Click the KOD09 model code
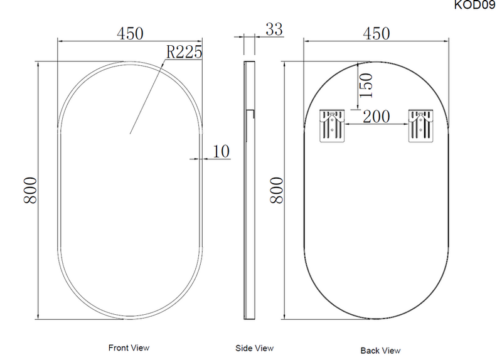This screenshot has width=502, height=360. (475, 5)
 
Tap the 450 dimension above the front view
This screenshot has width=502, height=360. (130, 33)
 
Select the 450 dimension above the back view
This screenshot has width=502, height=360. (376, 33)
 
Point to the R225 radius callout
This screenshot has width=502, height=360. (184, 52)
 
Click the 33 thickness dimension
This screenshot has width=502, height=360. (274, 29)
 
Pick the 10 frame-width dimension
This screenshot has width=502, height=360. (222, 151)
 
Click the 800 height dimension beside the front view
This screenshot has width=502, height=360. (30, 190)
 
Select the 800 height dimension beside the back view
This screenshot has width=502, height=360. (277, 190)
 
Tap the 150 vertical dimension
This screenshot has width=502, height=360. (366, 85)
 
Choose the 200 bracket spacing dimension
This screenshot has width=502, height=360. (376, 117)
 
